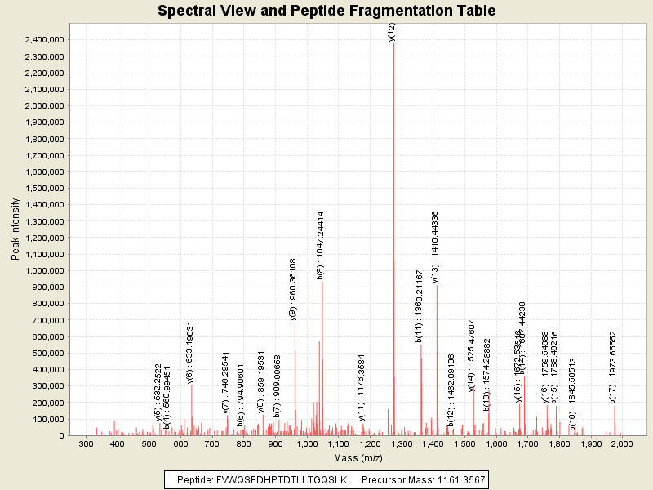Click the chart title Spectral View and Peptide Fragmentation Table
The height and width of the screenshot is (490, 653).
[326, 11]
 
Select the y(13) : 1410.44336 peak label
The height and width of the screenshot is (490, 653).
[436, 247]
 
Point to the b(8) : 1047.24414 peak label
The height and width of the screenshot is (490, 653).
[322, 246]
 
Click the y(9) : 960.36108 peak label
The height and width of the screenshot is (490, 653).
[293, 290]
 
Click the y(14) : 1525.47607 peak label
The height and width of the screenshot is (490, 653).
[472, 356]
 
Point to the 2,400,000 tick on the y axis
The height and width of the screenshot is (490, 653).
[45, 40]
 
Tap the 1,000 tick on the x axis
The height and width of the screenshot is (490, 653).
[306, 444]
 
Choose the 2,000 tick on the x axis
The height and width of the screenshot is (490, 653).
[622, 444]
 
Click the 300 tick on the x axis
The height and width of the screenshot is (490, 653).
[86, 444]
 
